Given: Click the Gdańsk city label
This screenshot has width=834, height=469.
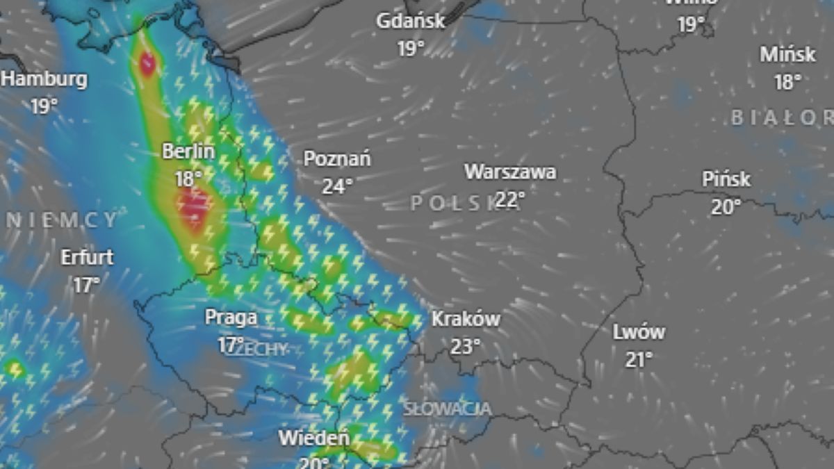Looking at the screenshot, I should coord(411,21).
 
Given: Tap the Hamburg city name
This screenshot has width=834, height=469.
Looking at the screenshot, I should coord(44,79).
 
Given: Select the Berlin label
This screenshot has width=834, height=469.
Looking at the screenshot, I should coord(188,151).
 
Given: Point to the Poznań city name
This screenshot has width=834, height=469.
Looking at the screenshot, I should coord(337,159).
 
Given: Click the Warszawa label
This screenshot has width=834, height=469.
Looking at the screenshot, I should coord(510,172).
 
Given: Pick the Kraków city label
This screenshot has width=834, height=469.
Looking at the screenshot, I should coord(466,319).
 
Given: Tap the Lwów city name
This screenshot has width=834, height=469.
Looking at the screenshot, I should coord(639,332).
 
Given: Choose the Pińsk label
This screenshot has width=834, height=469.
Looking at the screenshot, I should coord(726,179).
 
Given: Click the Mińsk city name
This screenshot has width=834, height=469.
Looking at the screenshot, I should coord(787,54).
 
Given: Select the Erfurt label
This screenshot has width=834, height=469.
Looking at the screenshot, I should coord(87,257).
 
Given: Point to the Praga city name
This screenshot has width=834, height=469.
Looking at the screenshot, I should coord(231,318).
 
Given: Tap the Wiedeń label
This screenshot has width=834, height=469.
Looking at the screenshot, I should coord(314,438).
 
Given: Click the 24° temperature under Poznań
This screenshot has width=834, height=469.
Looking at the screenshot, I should coord(337,186).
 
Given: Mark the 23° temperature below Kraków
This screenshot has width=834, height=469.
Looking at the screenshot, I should coord(466,346).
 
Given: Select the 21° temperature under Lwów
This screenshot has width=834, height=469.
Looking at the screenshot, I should coord(639,359).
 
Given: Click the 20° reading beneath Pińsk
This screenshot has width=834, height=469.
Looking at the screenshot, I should coord(726,206).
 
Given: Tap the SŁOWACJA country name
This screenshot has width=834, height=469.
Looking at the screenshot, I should coord(448,409).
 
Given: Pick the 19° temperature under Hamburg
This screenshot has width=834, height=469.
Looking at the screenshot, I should coord(44,106).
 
